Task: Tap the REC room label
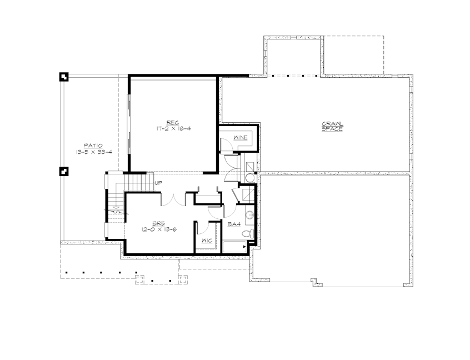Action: pyautogui.click(x=172, y=122)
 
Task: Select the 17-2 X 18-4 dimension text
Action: pyautogui.click(x=173, y=128)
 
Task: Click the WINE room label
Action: pyautogui.click(x=241, y=137)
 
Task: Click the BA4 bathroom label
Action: pyautogui.click(x=234, y=224)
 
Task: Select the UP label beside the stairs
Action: pyautogui.click(x=158, y=183)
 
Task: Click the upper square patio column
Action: pyautogui.click(x=64, y=77)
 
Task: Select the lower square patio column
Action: pyautogui.click(x=64, y=171)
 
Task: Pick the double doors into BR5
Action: pyautogui.click(x=170, y=199)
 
